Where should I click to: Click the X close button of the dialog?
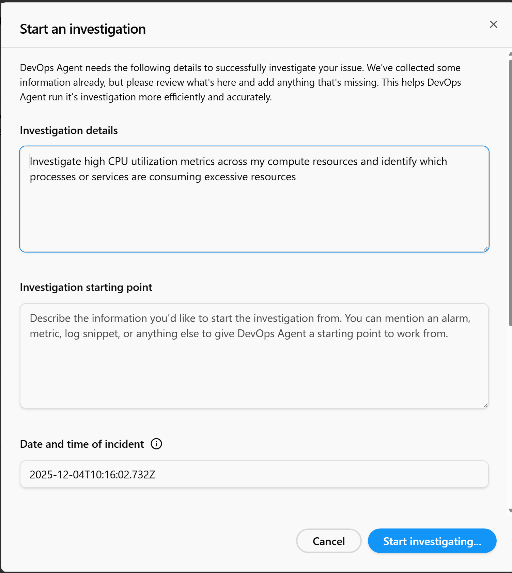coord(493,24)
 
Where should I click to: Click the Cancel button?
coord(328,541)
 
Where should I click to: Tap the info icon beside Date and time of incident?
coord(156,444)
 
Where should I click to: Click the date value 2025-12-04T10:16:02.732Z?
coord(93,475)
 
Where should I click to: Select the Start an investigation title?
coord(83,29)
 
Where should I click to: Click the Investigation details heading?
coord(69,131)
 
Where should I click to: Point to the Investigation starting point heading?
coord(86,288)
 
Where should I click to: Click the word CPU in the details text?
coord(118,162)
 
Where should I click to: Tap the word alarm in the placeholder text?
coord(456,318)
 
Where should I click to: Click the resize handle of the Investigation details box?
coord(486,249)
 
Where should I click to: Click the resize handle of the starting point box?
coord(485,405)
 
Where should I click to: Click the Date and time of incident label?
coord(82,444)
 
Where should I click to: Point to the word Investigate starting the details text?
coord(56,162)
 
